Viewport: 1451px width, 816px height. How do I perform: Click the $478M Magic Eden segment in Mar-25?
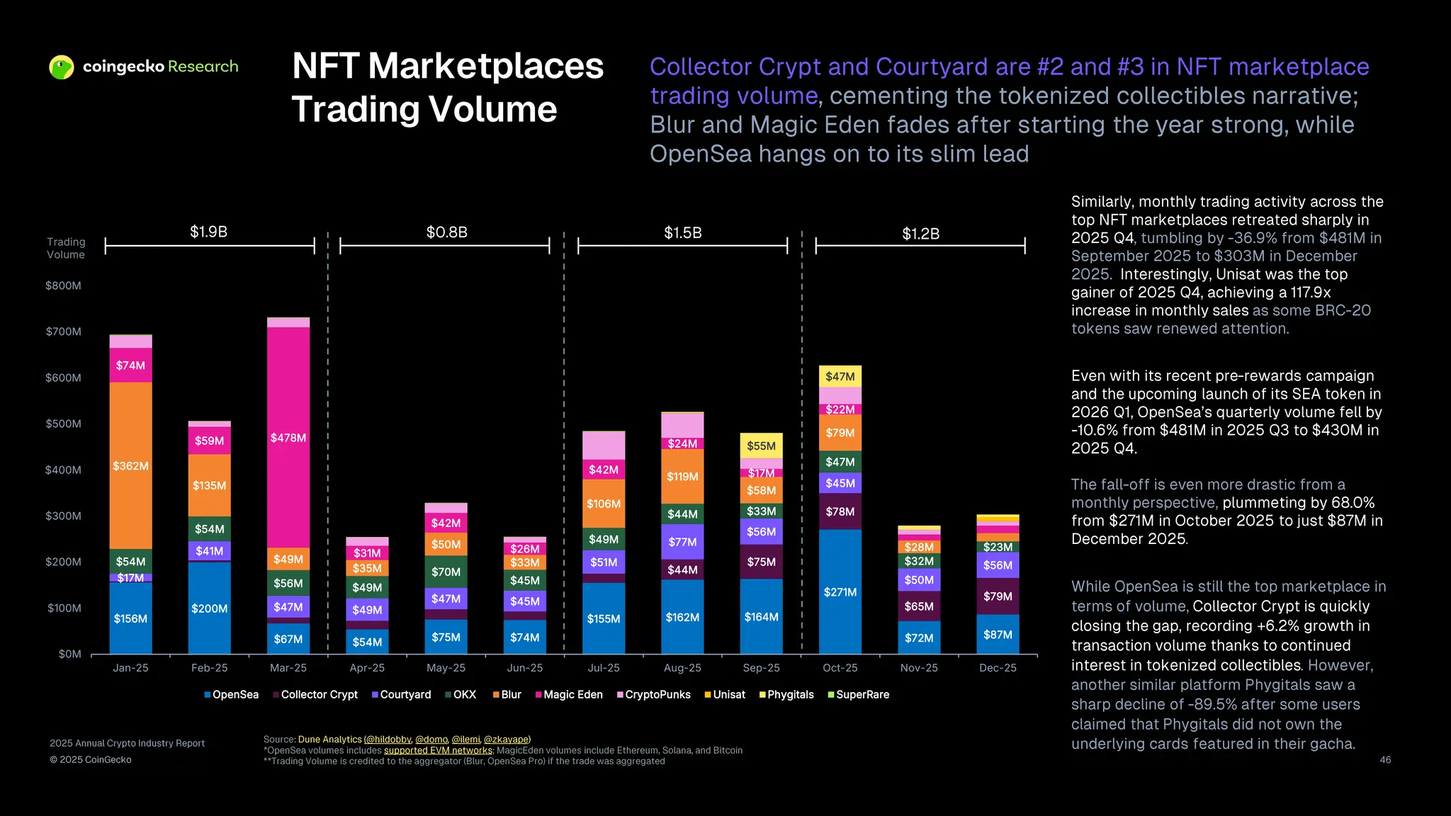pyautogui.click(x=288, y=438)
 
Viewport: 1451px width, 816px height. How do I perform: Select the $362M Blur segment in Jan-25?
pyautogui.click(x=130, y=465)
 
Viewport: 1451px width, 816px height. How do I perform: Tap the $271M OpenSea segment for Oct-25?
pyautogui.click(x=840, y=591)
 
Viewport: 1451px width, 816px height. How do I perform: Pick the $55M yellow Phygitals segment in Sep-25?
pyautogui.click(x=761, y=446)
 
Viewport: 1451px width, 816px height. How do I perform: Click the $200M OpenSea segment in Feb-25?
pyautogui.click(x=209, y=608)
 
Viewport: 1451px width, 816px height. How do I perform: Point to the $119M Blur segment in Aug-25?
pyautogui.click(x=682, y=476)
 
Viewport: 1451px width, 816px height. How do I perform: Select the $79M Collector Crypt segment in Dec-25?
pyautogui.click(x=998, y=596)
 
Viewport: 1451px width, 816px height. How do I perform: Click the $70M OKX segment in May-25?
pyautogui.click(x=446, y=571)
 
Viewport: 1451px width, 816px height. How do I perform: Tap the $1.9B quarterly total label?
pyautogui.click(x=208, y=232)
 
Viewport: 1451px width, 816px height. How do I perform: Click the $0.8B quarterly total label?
pyautogui.click(x=446, y=232)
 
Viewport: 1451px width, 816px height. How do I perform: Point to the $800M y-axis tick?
pyautogui.click(x=63, y=285)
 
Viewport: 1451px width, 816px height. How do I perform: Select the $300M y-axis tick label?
pyautogui.click(x=63, y=516)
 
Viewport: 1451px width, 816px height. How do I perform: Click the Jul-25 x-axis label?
pyautogui.click(x=604, y=668)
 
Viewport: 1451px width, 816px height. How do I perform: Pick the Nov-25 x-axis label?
pyautogui.click(x=919, y=668)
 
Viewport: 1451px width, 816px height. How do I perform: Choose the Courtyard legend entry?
pyautogui.click(x=401, y=694)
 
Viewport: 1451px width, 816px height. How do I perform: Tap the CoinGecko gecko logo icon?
pyautogui.click(x=62, y=67)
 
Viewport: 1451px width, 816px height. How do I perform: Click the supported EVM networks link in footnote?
pyautogui.click(x=437, y=750)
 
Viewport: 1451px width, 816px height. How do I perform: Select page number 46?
pyautogui.click(x=1385, y=759)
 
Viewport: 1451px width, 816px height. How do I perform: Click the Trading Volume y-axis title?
pyautogui.click(x=66, y=248)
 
